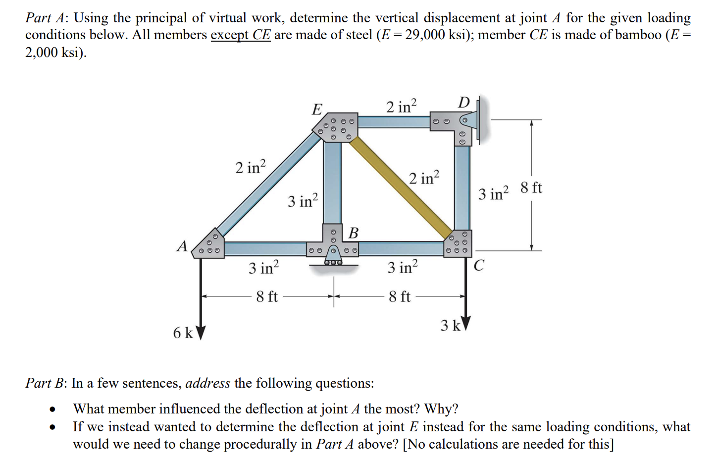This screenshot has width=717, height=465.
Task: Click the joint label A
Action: [182, 246]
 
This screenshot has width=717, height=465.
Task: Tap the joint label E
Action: [317, 109]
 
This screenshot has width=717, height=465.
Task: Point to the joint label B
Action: [354, 232]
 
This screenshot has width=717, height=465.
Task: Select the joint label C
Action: [478, 266]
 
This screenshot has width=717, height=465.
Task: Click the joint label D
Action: [463, 103]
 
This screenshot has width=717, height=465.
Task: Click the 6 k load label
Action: [183, 333]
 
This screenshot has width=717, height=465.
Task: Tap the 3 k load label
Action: [450, 326]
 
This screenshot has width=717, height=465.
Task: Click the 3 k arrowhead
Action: [465, 323]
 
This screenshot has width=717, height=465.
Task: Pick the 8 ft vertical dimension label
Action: [531, 188]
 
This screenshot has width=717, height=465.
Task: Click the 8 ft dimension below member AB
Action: [267, 297]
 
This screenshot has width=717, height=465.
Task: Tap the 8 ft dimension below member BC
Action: [400, 297]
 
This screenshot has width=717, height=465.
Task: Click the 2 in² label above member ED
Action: [402, 106]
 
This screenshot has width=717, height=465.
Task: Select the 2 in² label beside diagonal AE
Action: [251, 167]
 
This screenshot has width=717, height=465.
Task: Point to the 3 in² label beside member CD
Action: [493, 193]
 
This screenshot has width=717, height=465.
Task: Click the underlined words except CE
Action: [241, 35]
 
